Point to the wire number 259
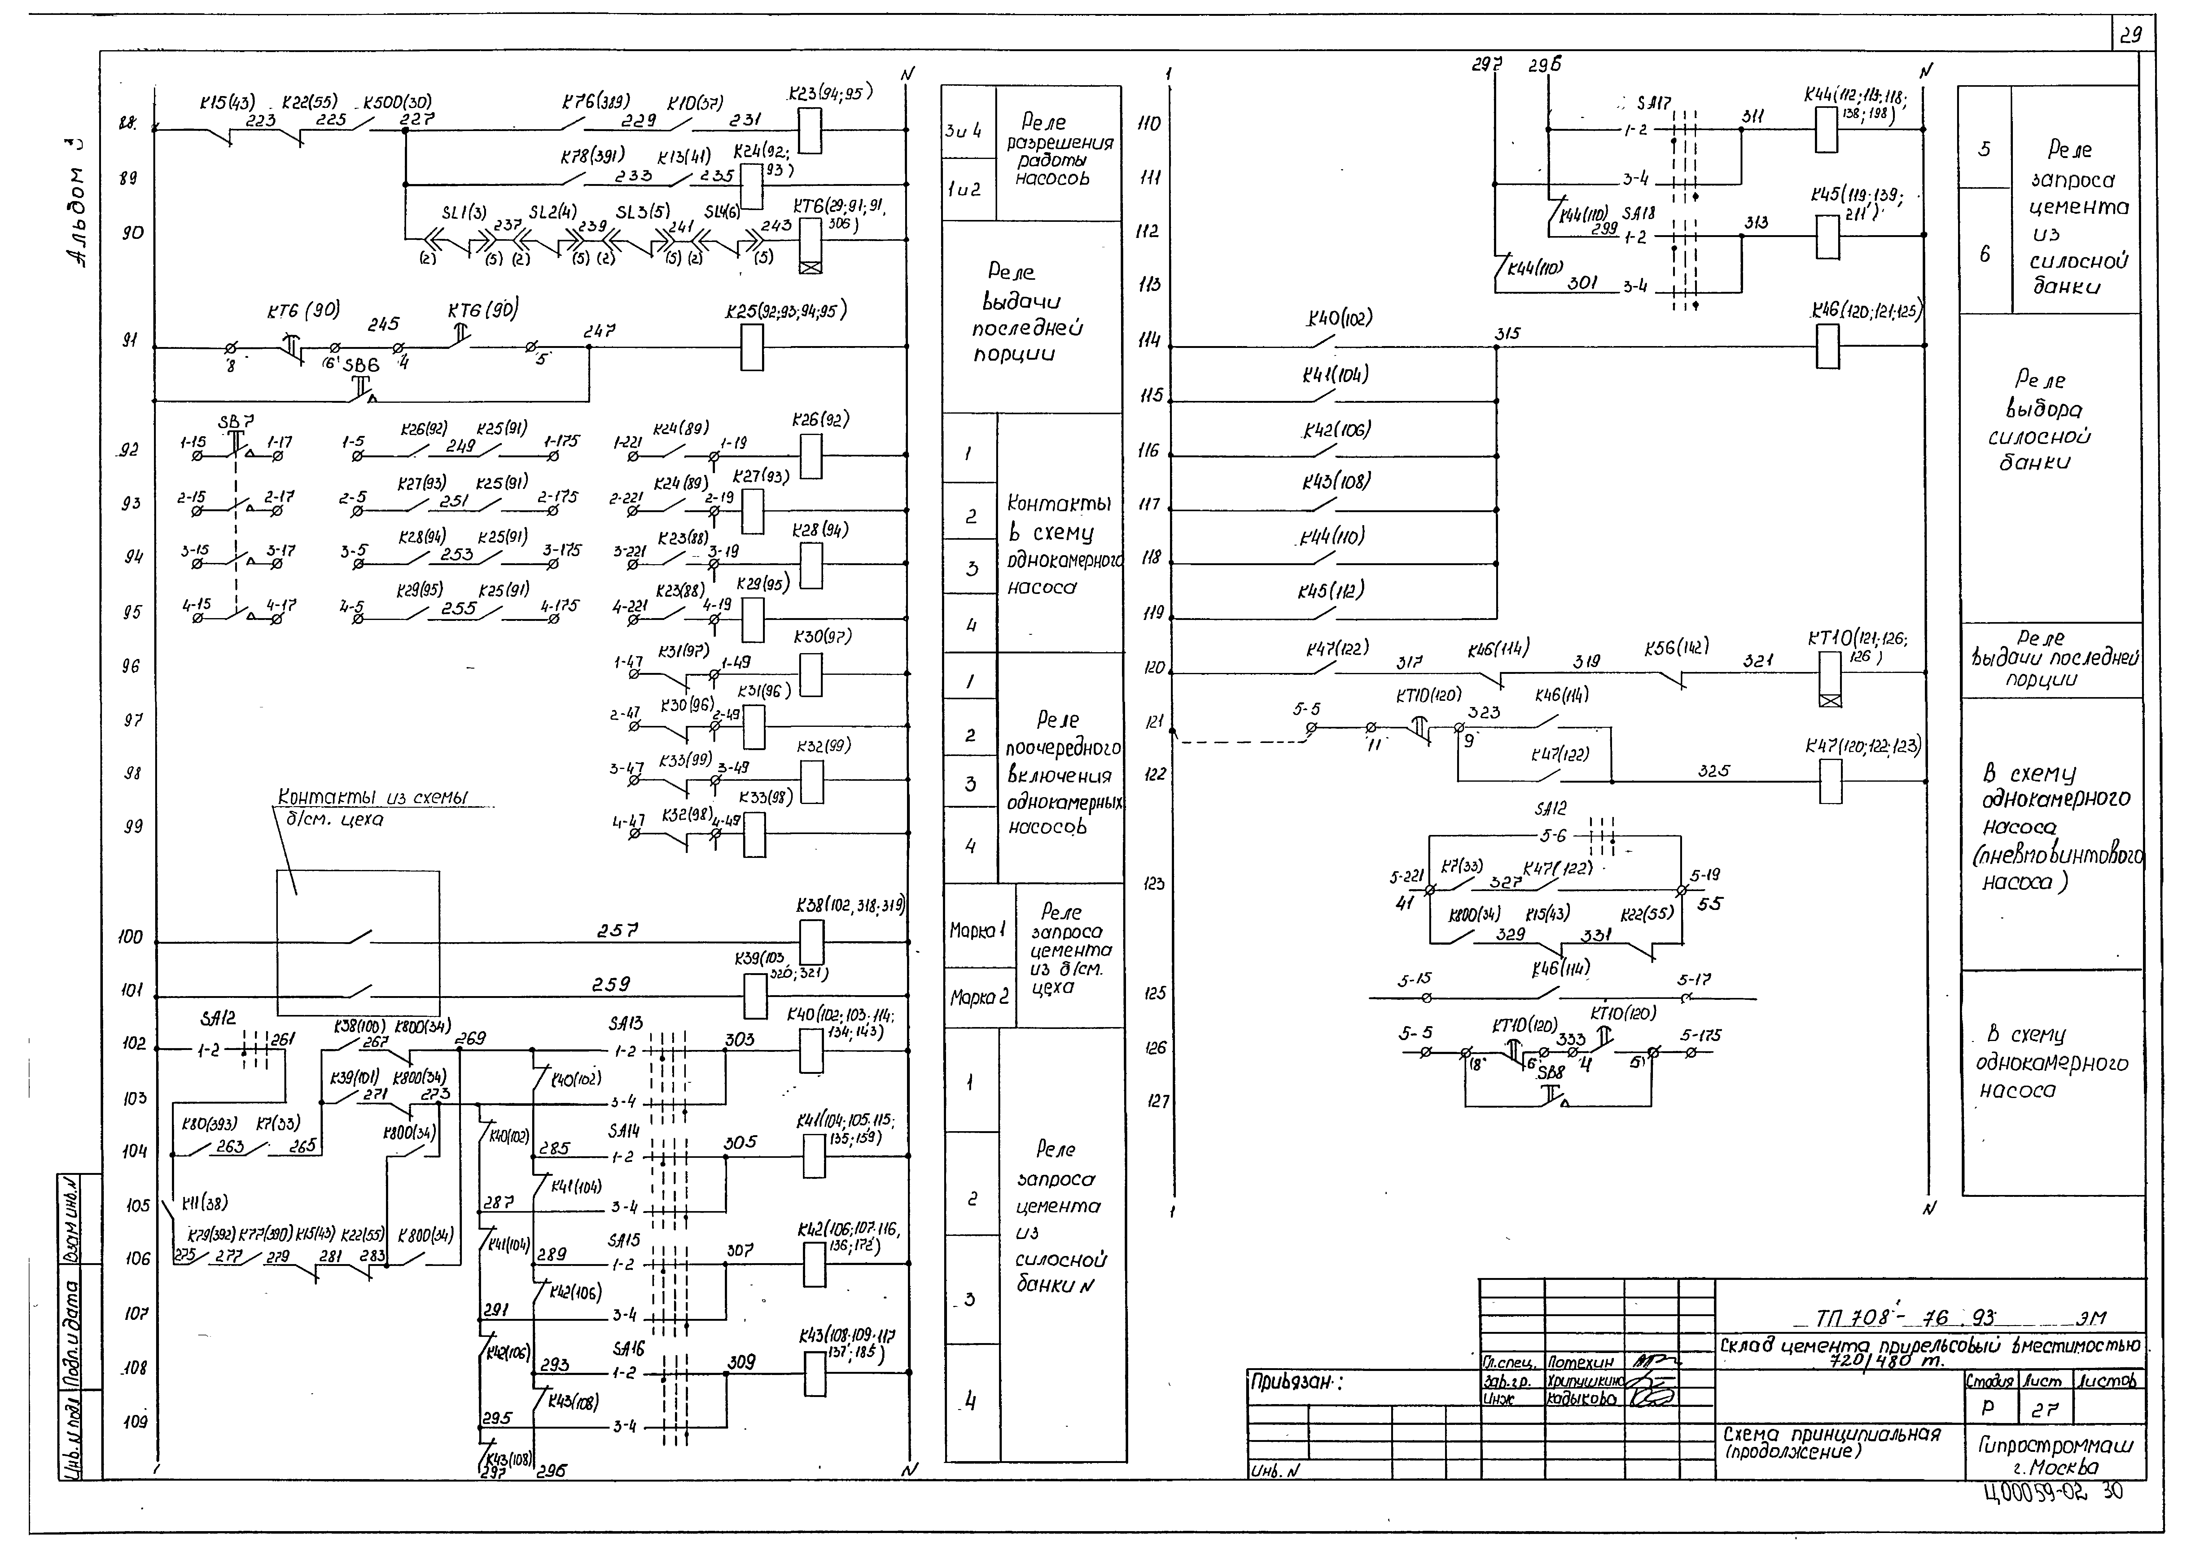point(611,984)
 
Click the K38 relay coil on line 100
point(811,942)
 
